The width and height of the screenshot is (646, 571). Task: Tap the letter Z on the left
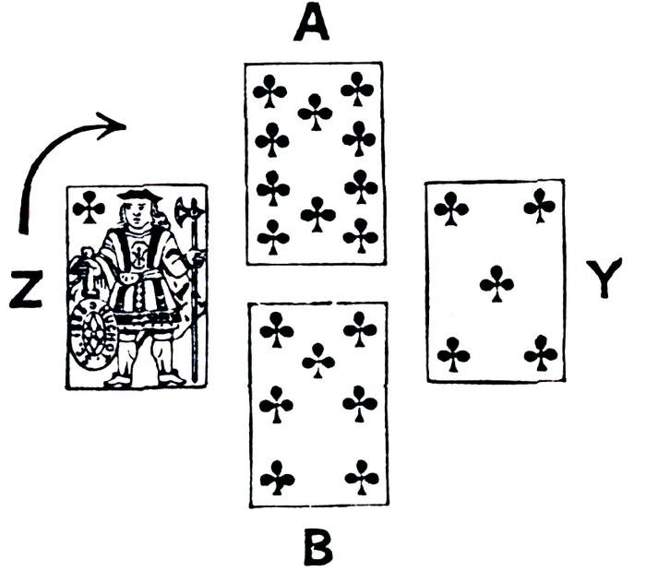point(29,290)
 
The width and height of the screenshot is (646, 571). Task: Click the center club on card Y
point(496,283)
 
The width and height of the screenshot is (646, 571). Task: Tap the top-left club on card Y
point(451,208)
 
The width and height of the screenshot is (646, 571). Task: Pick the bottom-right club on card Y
point(541,353)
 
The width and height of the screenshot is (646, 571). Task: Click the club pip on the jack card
point(89,208)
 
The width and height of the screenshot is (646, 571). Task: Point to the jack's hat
point(138,195)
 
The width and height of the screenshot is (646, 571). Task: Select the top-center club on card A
point(316,111)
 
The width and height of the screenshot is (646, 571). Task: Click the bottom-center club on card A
point(318,214)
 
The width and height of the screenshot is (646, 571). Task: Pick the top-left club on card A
point(270,90)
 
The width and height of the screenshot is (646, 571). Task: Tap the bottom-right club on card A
point(361,236)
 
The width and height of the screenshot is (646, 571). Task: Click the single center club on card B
point(318,360)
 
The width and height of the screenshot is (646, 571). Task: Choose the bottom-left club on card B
point(277,477)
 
